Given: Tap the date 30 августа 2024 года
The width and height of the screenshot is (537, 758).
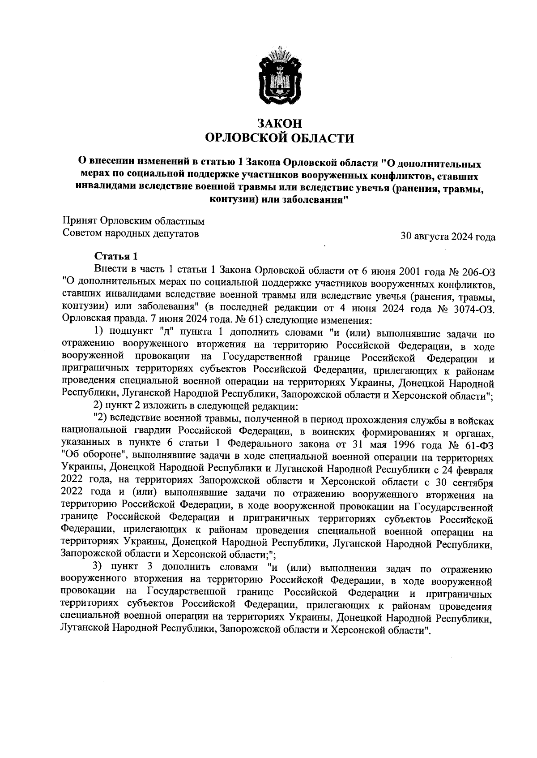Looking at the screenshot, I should click(x=448, y=237).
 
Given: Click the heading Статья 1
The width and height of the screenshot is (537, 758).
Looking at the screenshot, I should click(x=115, y=257).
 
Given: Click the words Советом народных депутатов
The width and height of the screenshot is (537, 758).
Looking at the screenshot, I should click(x=131, y=233).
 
